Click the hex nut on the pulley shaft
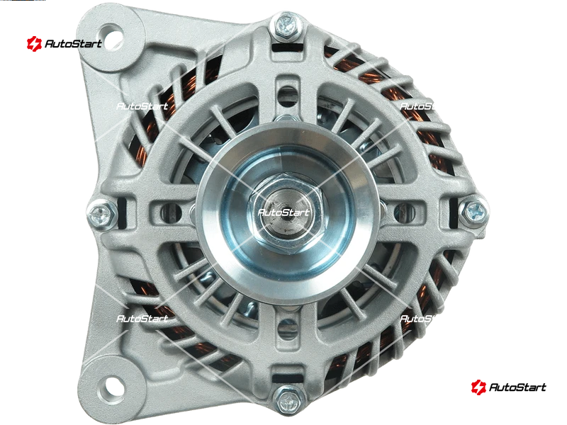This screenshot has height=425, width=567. click(x=285, y=212)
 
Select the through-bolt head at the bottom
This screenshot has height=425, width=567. click(x=288, y=399)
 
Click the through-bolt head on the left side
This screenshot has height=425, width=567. click(x=101, y=215)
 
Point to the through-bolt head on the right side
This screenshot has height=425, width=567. click(x=473, y=212)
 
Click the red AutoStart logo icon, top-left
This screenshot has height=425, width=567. click(x=34, y=44)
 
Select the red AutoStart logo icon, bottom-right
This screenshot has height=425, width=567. click(x=479, y=387)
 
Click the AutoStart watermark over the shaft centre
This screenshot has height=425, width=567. click(x=283, y=212)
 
